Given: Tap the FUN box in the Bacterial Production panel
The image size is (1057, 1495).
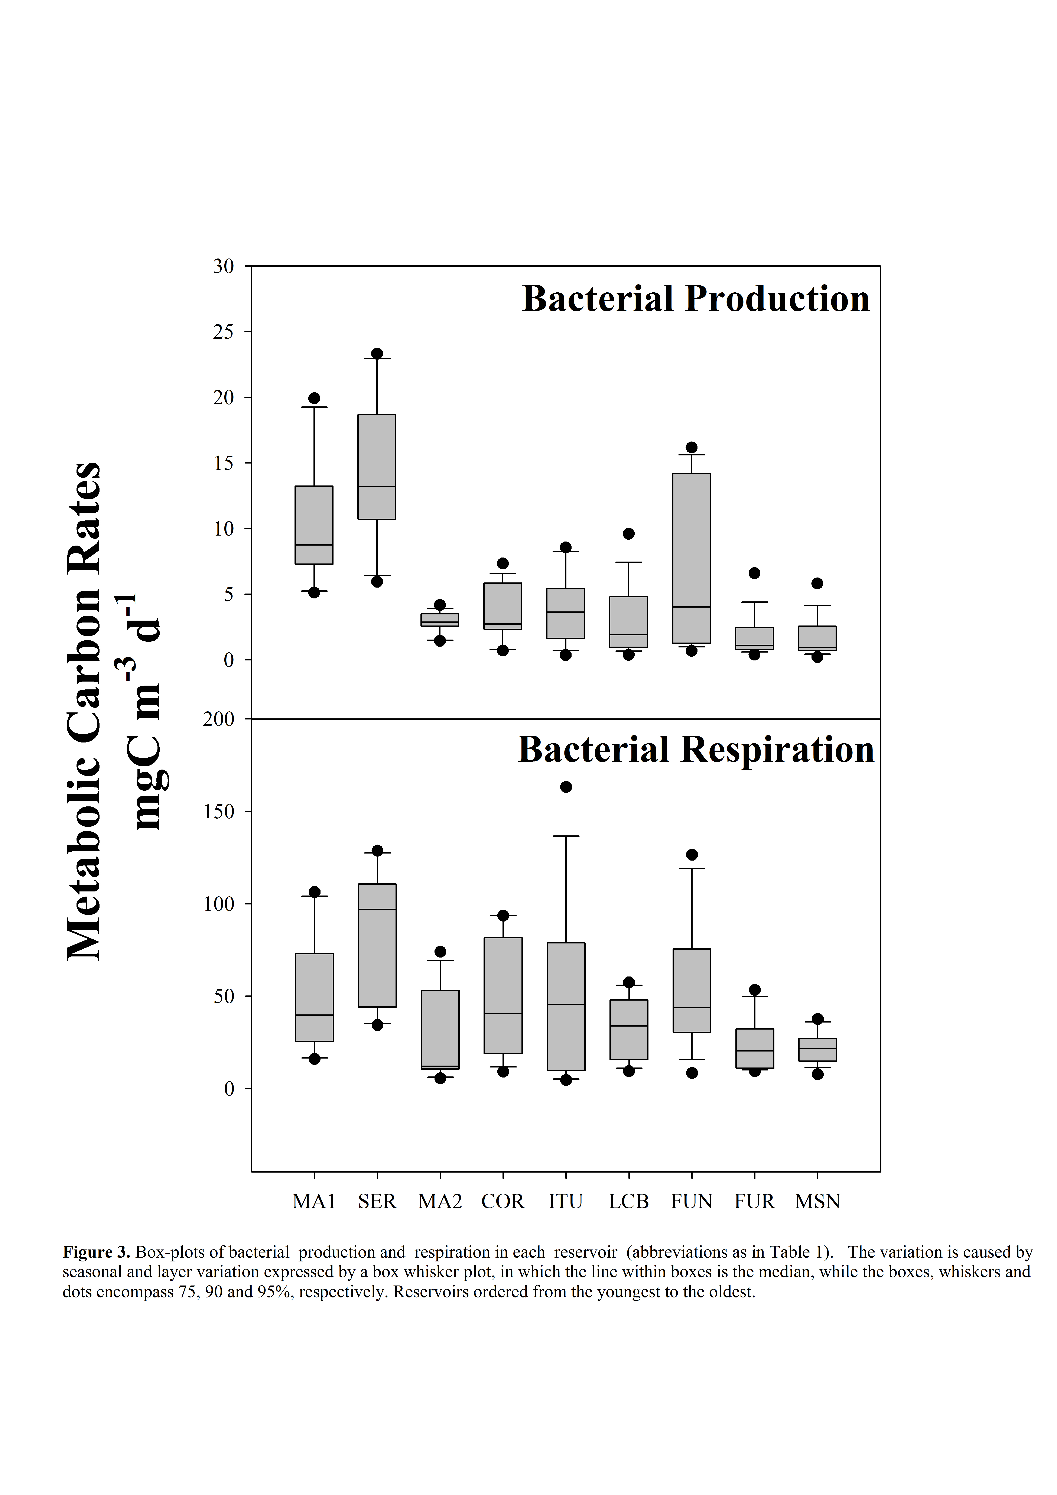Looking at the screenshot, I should coord(692,558).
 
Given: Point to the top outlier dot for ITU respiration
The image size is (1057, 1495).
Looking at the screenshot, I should coord(566,787).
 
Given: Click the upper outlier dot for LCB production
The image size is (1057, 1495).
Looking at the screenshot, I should coord(628,534).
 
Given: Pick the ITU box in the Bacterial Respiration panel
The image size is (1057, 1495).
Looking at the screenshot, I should coord(566,1007).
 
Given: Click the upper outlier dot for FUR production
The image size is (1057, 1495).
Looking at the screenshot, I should coord(754,573).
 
